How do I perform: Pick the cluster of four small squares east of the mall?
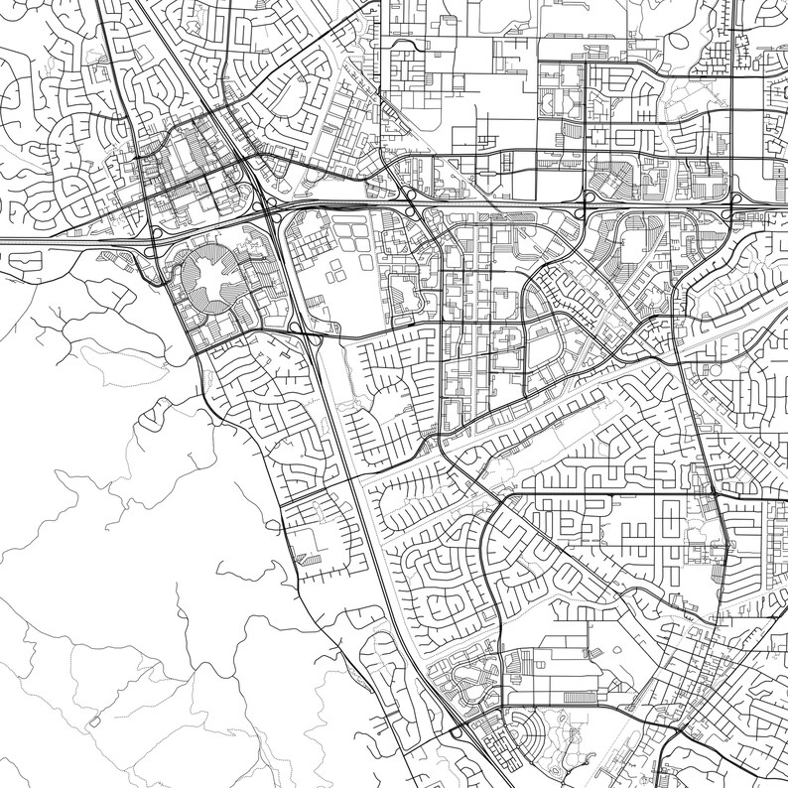pos(336,270)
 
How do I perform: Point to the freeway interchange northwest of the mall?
pos(155,234)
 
